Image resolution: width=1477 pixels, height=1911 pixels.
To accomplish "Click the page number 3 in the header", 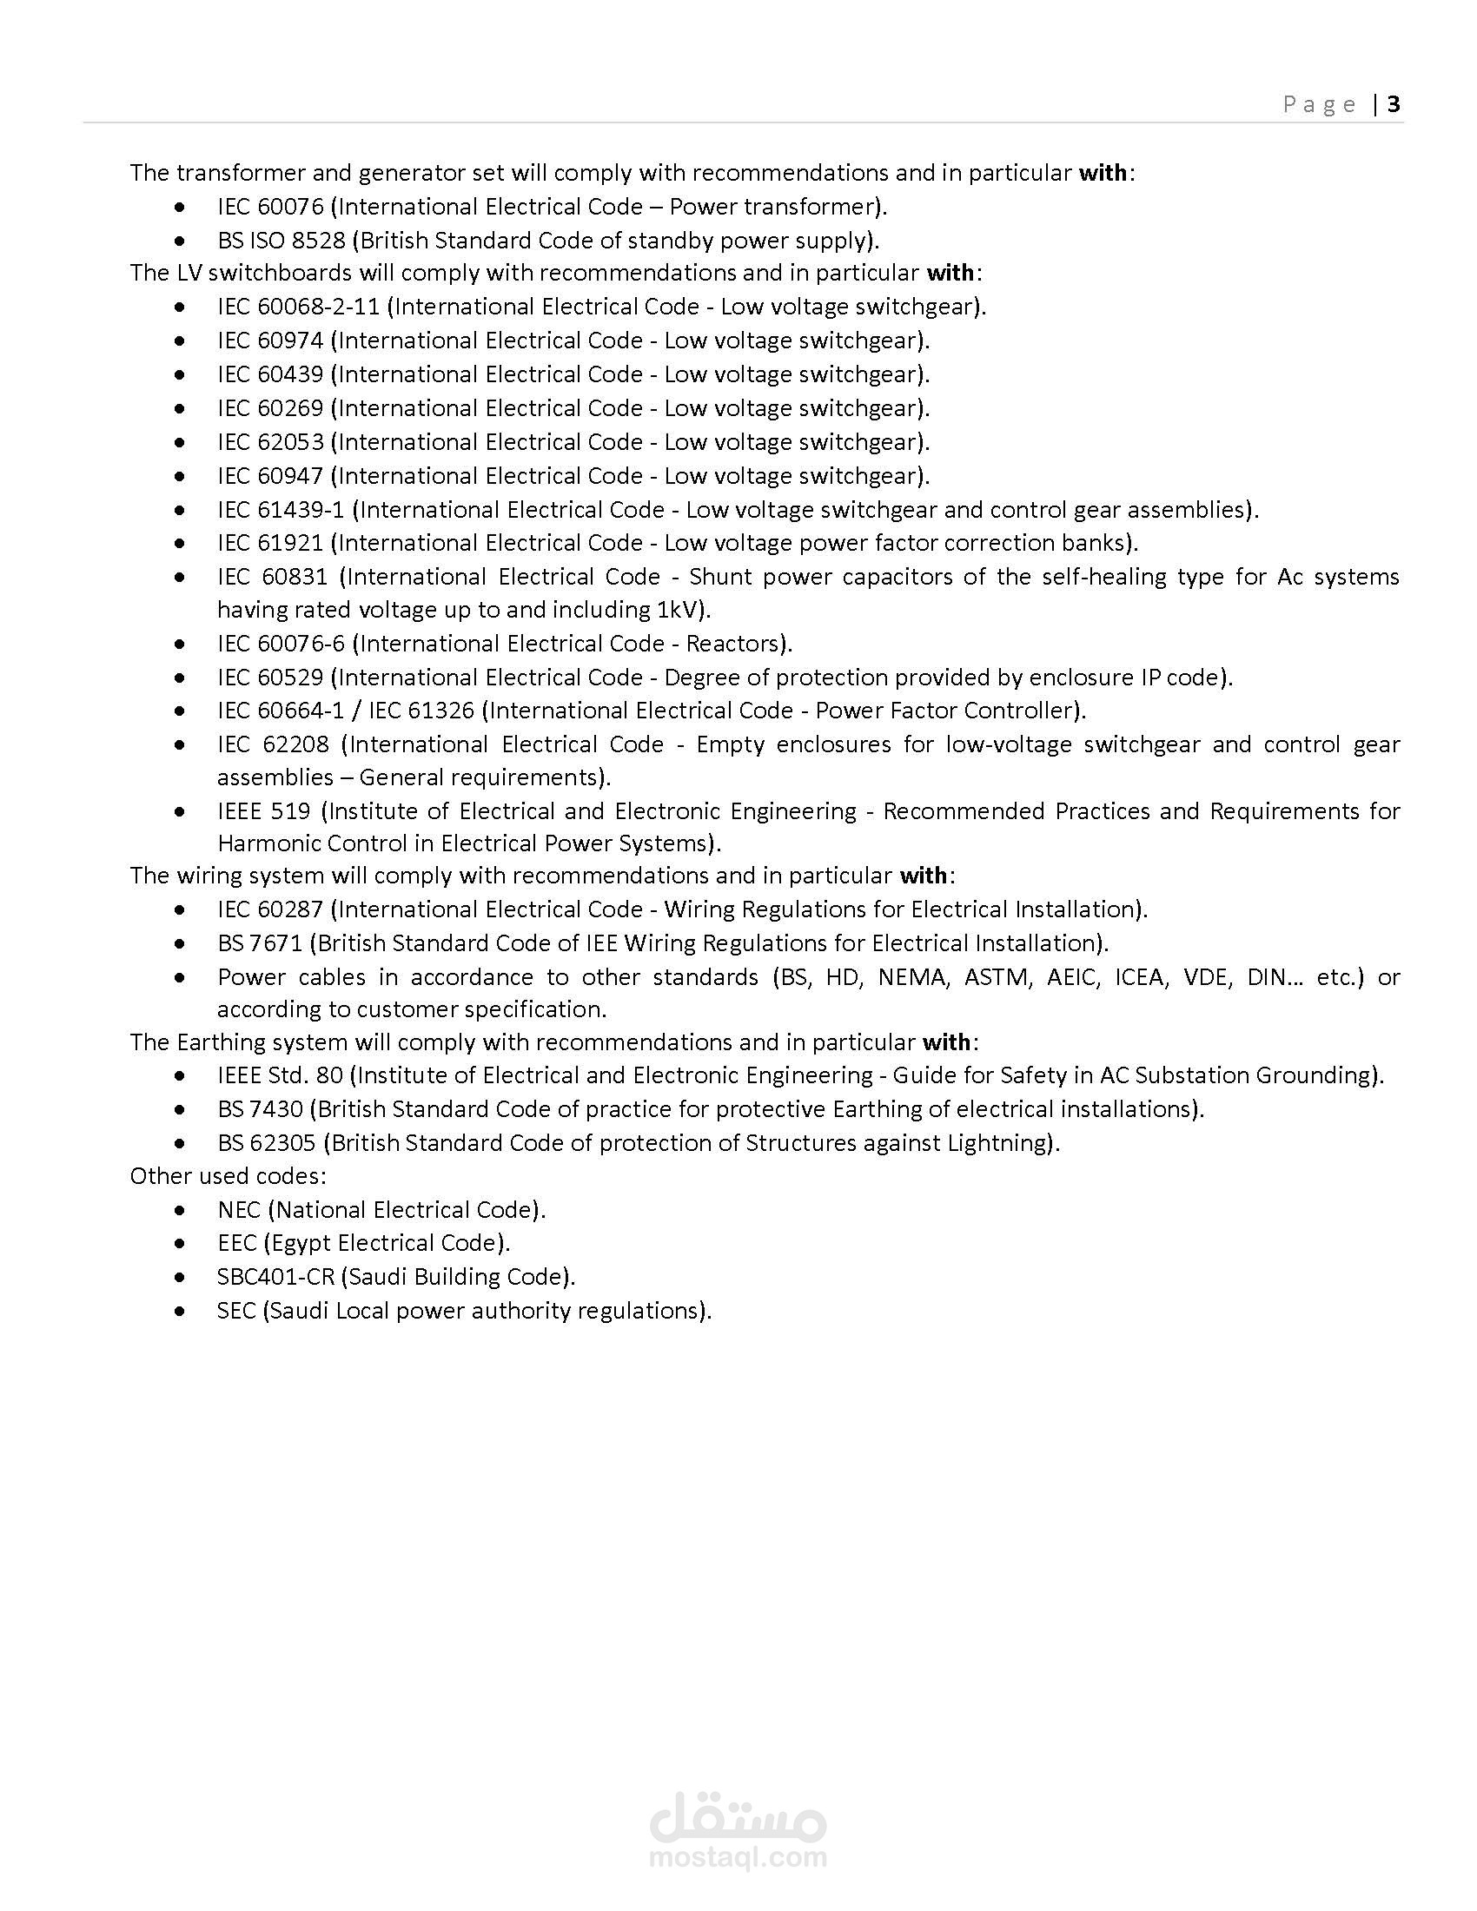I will click(x=1394, y=104).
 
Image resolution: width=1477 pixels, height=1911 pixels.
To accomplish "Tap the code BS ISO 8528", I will click(x=281, y=241).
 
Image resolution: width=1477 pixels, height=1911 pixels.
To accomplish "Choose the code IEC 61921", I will click(x=270, y=544).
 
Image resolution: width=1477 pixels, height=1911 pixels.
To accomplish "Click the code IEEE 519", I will click(x=263, y=812).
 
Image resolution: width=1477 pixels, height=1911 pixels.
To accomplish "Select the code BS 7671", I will click(x=260, y=943).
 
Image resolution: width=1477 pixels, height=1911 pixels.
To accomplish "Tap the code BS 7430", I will click(x=260, y=1109).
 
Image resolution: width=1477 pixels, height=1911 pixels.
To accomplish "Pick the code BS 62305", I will click(x=267, y=1144).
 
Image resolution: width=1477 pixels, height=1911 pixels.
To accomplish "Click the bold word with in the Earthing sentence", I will click(x=946, y=1042).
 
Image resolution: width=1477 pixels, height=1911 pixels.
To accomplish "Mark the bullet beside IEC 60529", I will click(x=179, y=678).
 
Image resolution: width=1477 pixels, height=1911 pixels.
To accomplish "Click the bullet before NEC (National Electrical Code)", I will click(x=179, y=1211).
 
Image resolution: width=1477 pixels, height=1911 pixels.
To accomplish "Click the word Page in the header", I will click(x=1320, y=105).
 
